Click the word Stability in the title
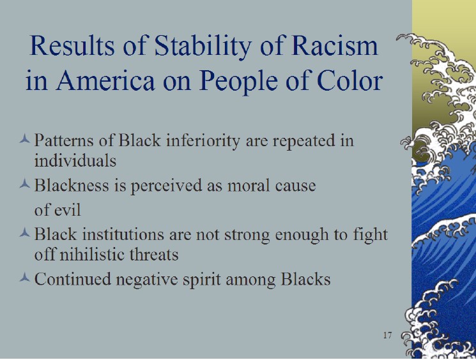203,46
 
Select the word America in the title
105,80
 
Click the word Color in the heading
349,80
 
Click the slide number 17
387,335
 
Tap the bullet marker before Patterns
24,139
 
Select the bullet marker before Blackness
24,183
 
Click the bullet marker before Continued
24,277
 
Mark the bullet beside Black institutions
24,232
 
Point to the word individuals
75,160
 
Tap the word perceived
166,186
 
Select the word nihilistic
92,254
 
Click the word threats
154,254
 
